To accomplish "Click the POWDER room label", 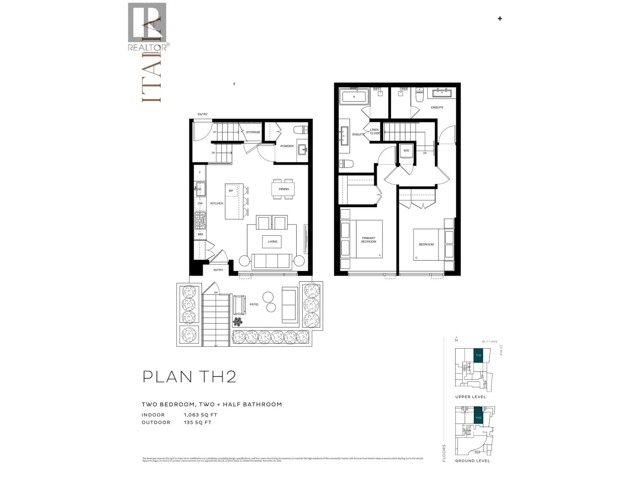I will click(287, 146).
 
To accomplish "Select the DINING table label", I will click(284, 189).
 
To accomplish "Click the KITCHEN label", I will click(216, 203).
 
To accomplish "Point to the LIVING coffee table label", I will click(272, 241).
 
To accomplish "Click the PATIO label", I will click(254, 304).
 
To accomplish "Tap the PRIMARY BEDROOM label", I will click(369, 240).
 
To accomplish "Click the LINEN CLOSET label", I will click(375, 131).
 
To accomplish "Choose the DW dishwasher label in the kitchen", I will click(200, 203).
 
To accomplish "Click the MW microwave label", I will click(200, 234).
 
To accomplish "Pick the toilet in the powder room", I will click(301, 130).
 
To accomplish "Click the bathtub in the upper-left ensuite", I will click(354, 97).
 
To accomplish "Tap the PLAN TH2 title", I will click(189, 377).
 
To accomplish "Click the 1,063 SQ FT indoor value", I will click(200, 415).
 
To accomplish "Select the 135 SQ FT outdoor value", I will click(198, 422).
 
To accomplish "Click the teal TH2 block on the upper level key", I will click(478, 355).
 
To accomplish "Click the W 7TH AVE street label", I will click(490, 342).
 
